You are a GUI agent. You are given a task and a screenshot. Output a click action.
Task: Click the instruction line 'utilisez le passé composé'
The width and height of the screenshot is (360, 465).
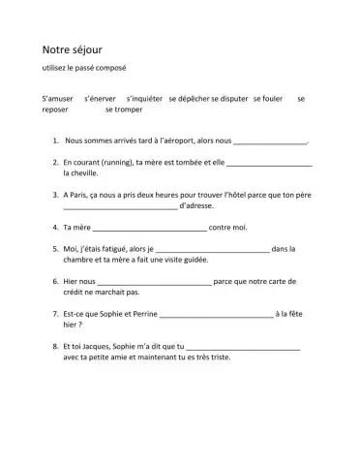point(84,68)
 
